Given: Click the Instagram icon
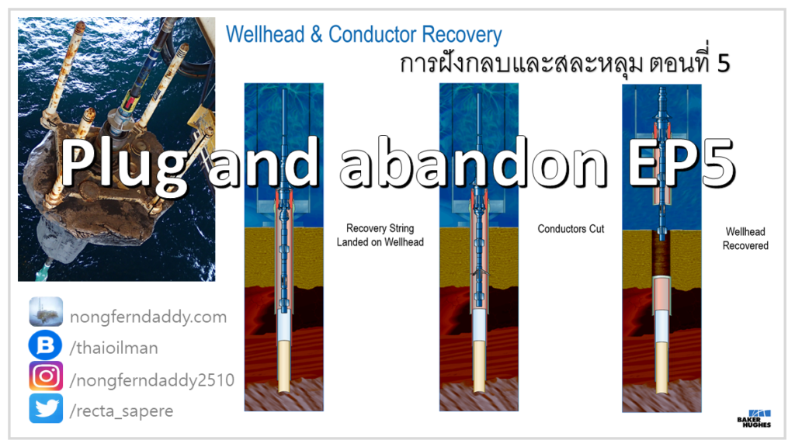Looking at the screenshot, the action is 46,376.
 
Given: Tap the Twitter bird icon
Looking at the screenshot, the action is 46,408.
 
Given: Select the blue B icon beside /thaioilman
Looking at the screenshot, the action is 46,345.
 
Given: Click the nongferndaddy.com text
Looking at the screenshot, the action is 148,317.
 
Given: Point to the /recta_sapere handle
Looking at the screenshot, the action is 121,411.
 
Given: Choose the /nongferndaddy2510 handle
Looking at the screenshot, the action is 152,379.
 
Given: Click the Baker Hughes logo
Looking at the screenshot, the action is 754,418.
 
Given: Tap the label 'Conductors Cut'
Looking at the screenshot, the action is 571,229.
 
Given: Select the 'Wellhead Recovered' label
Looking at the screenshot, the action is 745,239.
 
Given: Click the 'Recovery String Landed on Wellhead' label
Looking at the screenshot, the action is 380,235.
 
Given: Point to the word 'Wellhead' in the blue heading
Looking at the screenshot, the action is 266,34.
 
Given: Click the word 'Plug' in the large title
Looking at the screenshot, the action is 125,166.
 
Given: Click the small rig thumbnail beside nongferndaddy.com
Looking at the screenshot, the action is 46,312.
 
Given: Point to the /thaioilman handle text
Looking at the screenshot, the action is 114,348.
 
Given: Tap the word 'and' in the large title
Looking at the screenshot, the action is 264,162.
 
